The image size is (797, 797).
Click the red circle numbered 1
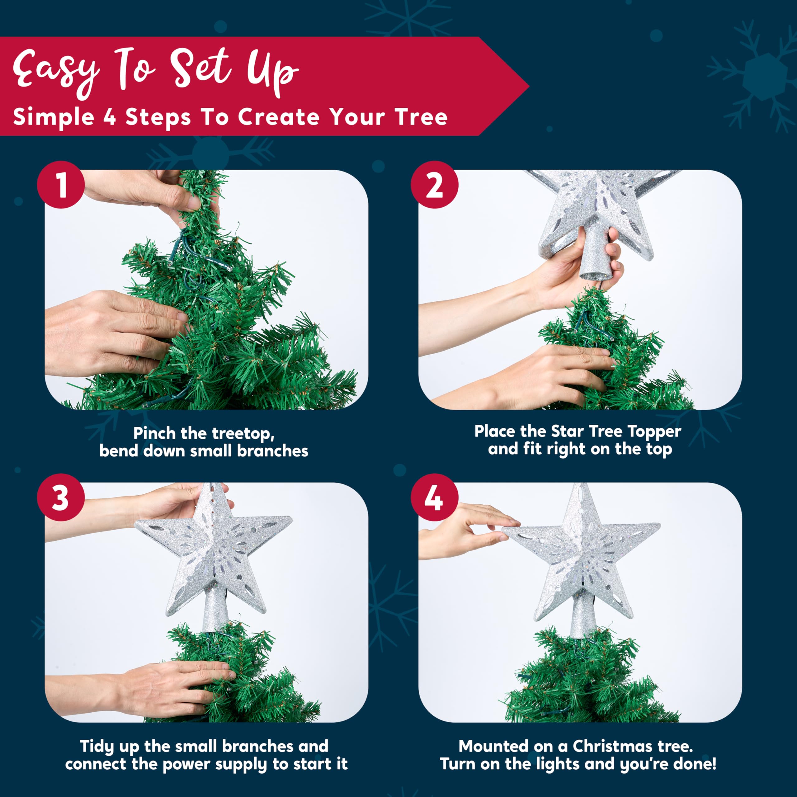[61, 184]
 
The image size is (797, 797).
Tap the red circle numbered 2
[434, 184]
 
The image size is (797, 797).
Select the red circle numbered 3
[61, 497]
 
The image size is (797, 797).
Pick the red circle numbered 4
[434, 497]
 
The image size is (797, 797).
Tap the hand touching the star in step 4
[466, 530]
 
